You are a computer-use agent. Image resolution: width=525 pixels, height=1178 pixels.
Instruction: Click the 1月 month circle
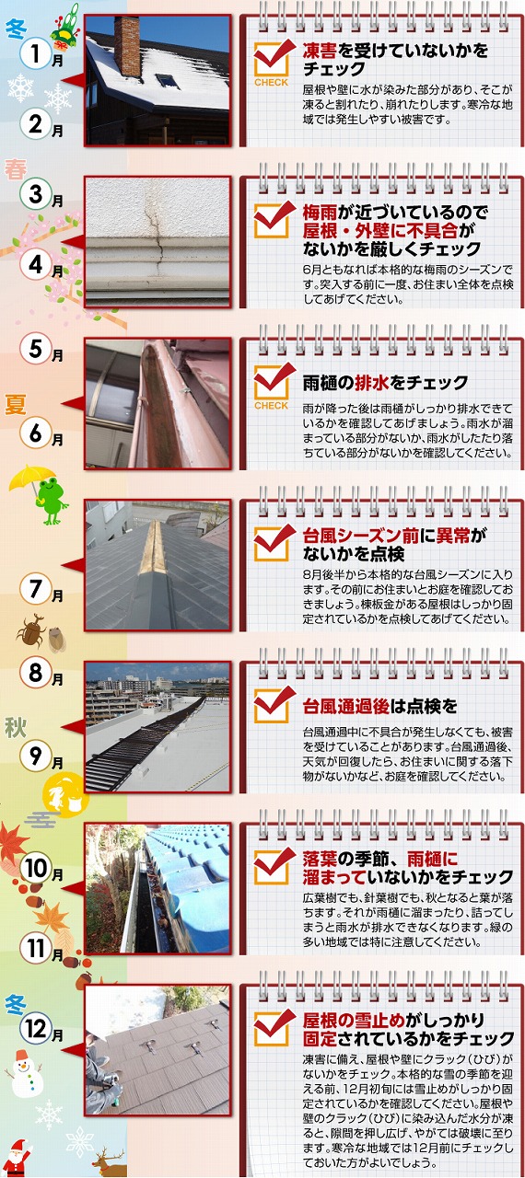coord(35,54)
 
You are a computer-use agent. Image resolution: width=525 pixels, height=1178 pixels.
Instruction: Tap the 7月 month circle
coord(35,588)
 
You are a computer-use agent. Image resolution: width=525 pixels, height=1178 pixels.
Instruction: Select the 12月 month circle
coord(36,1029)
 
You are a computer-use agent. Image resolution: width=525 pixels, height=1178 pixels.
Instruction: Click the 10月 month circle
coord(36,868)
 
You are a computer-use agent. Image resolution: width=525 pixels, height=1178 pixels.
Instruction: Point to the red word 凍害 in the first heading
coord(320,51)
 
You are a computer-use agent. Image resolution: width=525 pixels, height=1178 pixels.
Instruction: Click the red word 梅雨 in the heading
coord(320,213)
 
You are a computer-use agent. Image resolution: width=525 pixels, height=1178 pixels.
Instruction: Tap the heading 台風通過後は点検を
coord(379,706)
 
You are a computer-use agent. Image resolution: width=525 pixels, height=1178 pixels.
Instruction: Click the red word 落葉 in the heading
coord(320,860)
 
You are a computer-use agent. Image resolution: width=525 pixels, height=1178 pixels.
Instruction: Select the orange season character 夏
coord(16,404)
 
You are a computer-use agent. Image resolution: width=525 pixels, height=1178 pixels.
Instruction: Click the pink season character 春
coord(16,170)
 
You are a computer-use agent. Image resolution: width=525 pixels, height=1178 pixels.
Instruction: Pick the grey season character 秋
coord(16,728)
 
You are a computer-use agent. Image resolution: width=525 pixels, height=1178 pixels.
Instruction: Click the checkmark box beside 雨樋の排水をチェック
coord(272,384)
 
